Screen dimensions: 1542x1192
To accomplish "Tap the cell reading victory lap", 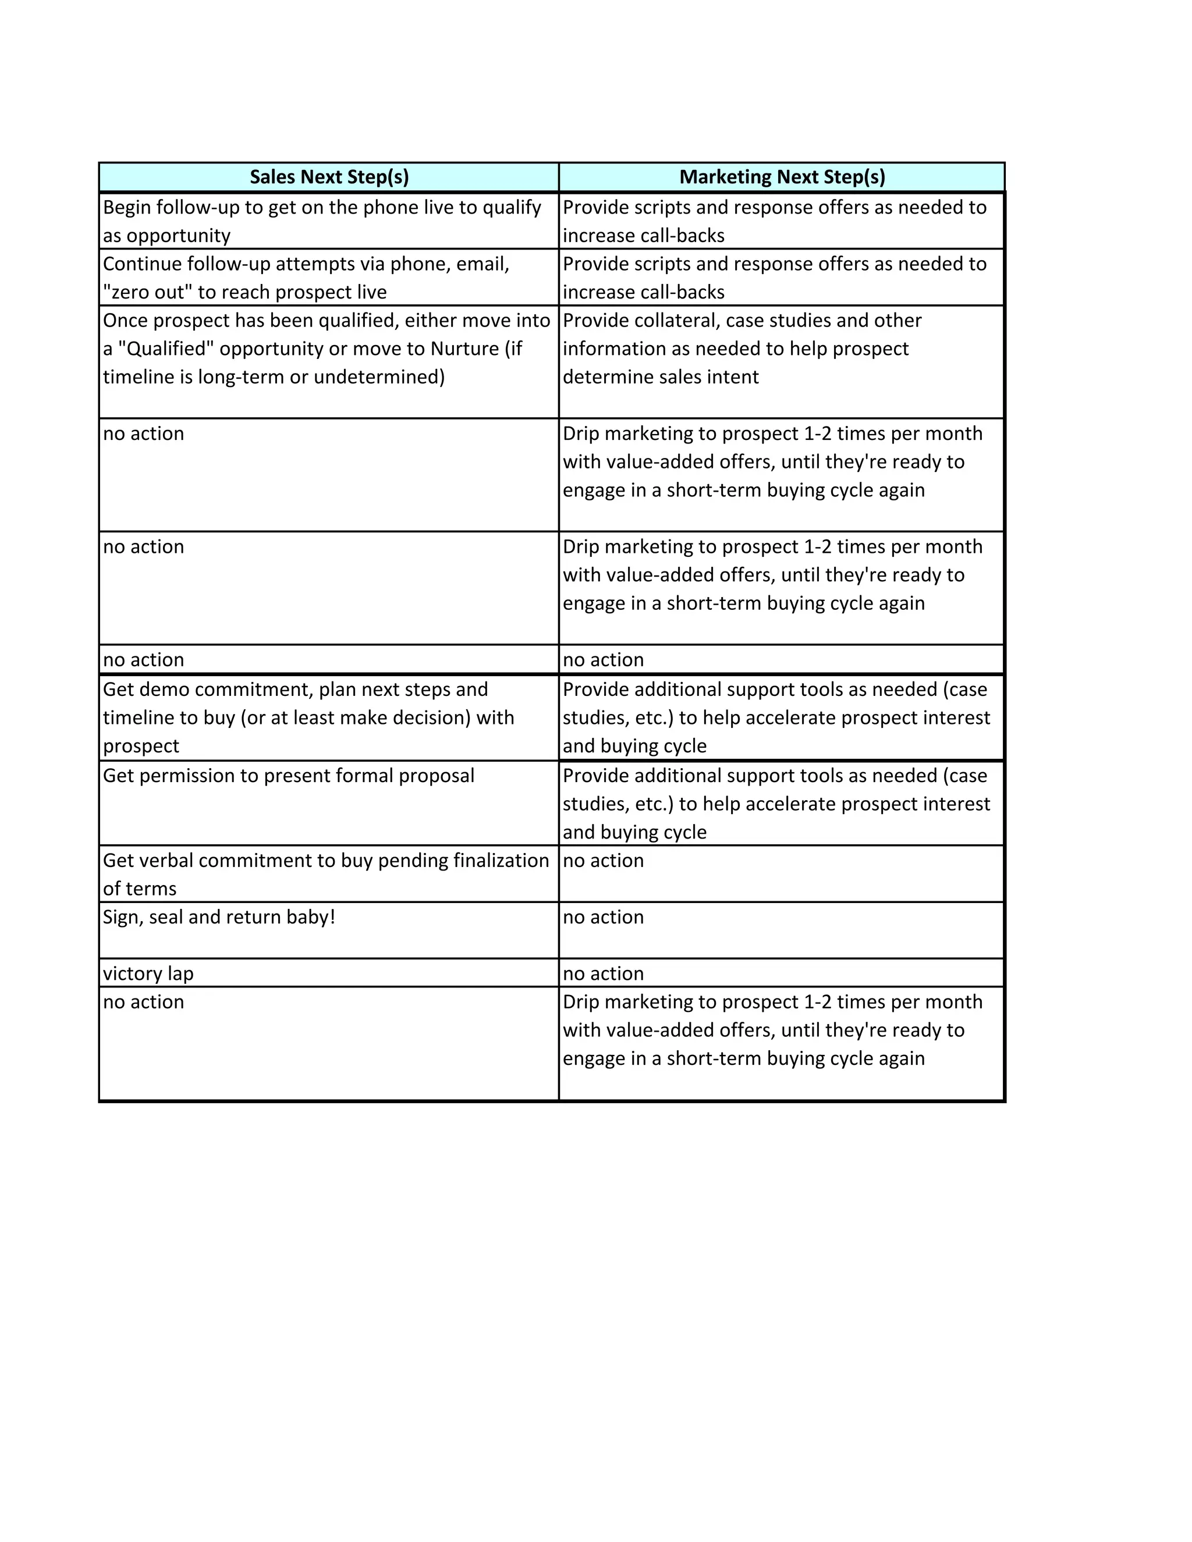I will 148,973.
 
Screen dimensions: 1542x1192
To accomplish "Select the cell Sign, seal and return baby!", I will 219,917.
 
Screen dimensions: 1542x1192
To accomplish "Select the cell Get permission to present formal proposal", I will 288,776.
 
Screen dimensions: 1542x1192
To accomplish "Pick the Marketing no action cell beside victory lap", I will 603,973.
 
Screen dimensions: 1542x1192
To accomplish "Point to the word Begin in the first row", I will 126,208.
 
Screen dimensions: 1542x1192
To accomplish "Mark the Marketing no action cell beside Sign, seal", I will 603,917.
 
